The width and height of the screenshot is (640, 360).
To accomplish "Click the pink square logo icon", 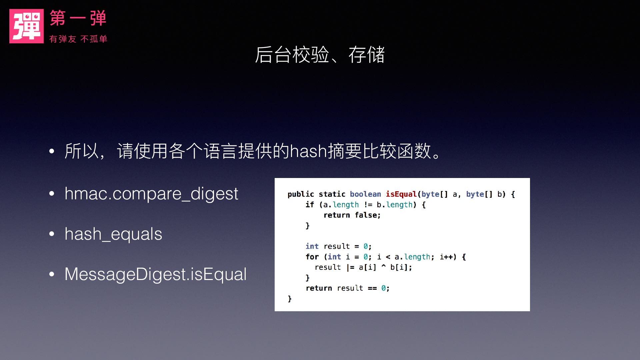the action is (26, 26).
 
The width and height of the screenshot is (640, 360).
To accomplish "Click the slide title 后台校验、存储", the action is (320, 55).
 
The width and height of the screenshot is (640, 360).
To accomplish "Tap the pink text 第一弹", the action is (78, 18).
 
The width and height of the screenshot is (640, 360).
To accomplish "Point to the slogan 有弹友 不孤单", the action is (78, 39).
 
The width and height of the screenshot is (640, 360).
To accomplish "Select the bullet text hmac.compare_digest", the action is (151, 194).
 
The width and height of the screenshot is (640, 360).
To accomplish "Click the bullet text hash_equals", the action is (113, 234).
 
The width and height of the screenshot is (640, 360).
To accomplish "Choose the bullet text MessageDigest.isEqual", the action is (156, 274).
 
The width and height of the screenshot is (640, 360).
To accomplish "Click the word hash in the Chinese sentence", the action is (308, 151).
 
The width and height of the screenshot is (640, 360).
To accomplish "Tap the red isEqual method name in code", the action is (401, 194).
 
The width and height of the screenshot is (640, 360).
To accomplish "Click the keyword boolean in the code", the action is (365, 194).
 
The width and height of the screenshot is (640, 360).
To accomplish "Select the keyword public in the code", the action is (301, 194).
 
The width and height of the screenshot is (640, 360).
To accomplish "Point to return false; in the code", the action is (352, 215).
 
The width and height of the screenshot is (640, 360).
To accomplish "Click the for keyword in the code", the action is (312, 257).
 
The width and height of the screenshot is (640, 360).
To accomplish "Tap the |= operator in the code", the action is (350, 267).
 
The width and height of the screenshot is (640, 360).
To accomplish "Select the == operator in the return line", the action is (372, 288).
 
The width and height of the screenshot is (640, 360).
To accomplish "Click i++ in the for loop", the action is (446, 257).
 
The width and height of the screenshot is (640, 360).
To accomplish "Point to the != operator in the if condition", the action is (368, 205).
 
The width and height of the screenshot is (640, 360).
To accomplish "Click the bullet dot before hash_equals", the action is (52, 234).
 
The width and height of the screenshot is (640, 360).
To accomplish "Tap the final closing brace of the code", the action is (290, 299).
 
